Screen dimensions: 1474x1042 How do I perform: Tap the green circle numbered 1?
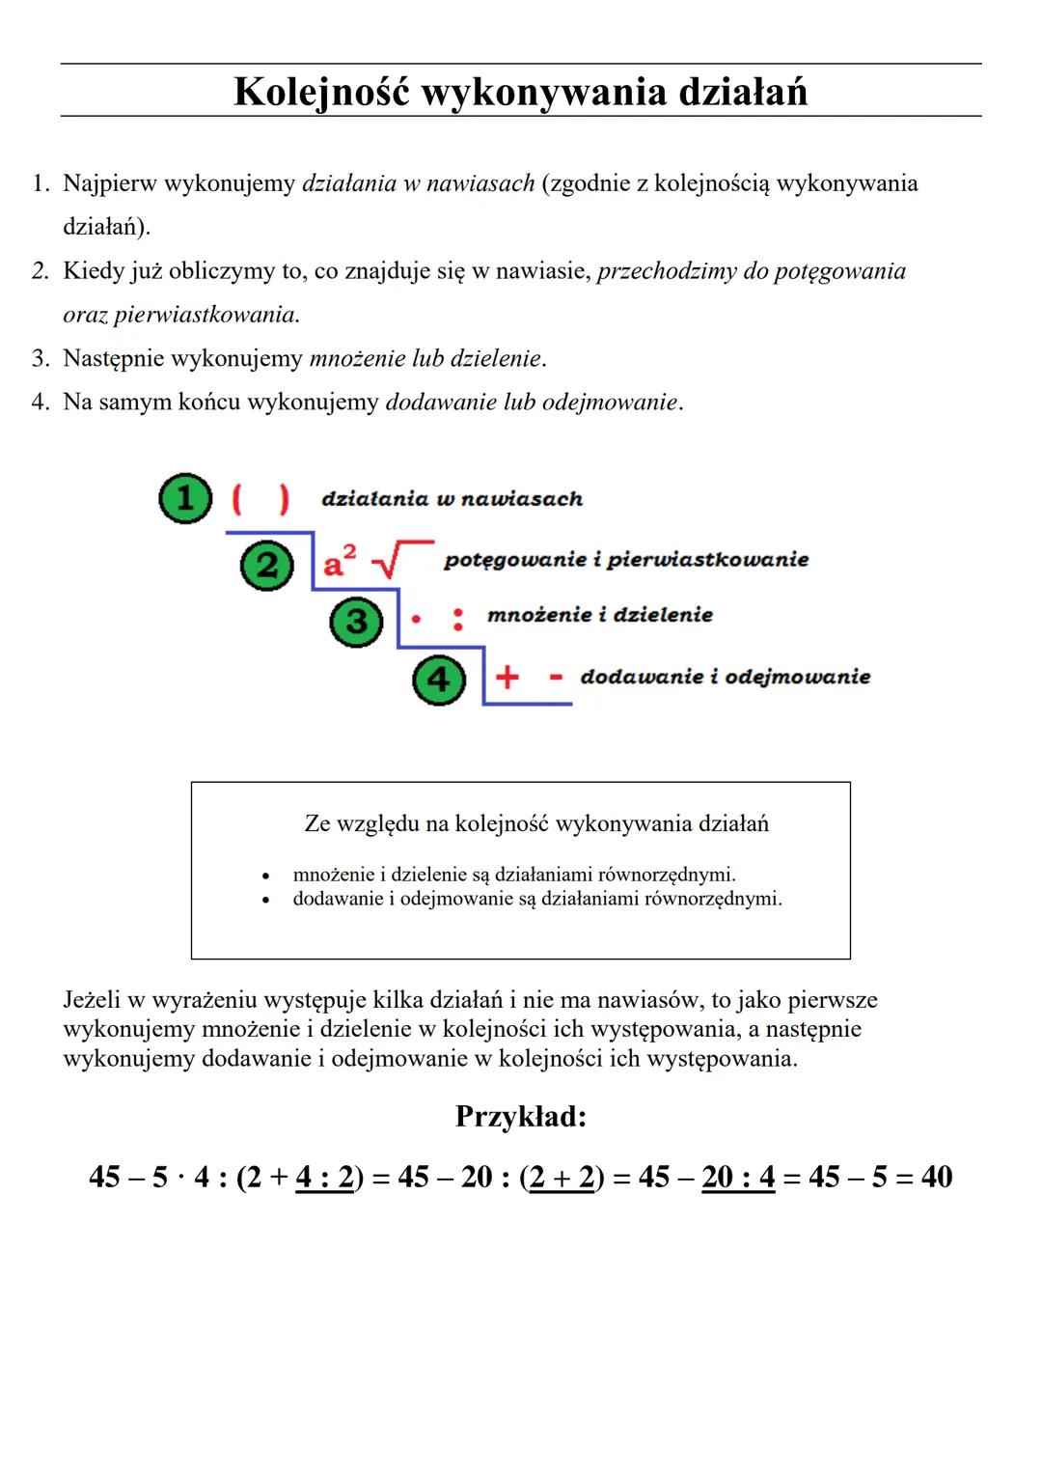184,498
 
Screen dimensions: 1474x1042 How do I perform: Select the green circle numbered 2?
267,565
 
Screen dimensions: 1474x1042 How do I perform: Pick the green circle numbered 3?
356,621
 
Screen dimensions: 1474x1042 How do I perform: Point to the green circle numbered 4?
439,680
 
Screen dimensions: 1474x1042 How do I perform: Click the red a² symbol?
339,561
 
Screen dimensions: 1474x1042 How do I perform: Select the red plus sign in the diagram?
507,677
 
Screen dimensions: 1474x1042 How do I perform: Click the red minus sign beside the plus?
556,677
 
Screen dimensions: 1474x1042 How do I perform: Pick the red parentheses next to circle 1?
260,498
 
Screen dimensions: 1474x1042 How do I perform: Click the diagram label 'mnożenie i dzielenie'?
599,615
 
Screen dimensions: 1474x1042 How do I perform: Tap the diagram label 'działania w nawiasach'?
452,499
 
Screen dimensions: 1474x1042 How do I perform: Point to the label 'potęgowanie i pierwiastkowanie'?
625,560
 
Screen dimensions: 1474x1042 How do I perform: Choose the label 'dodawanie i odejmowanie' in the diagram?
725,677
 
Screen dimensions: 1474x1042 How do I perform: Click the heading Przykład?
521,1117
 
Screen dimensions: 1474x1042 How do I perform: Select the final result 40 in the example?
936,1177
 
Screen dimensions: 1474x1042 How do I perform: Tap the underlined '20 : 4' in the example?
738,1178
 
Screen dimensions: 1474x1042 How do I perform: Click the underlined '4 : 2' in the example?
324,1178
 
